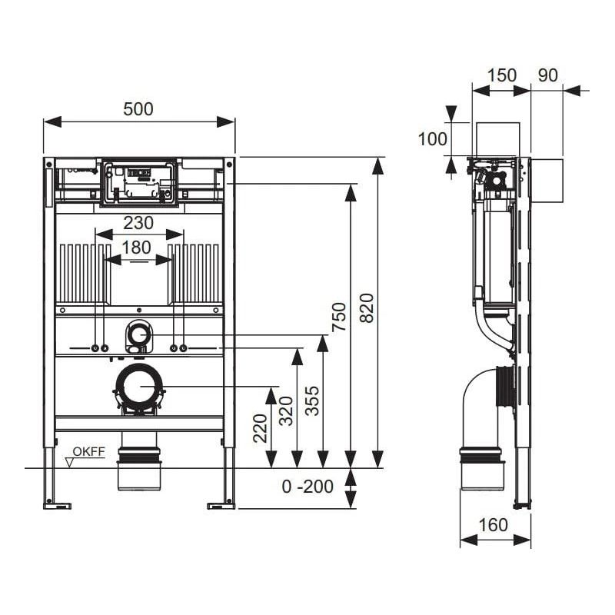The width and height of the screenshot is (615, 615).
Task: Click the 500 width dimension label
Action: point(138,109)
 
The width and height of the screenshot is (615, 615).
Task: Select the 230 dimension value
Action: point(138,223)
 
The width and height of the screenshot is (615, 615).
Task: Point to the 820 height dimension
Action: point(367,307)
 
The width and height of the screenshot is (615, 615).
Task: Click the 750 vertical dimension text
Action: point(339,317)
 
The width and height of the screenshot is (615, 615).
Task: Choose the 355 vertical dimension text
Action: point(312,400)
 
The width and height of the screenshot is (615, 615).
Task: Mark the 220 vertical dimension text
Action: point(260,429)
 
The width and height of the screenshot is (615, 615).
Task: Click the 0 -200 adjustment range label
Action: point(307,487)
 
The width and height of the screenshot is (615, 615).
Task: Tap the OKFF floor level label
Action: point(88,452)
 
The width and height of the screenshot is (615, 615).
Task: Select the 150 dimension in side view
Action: point(501,75)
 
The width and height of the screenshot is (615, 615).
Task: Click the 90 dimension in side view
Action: point(547,75)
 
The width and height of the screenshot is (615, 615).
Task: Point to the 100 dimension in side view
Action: point(432,139)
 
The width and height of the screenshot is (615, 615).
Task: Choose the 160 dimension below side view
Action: point(494,524)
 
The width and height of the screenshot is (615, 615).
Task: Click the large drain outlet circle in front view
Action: point(139,386)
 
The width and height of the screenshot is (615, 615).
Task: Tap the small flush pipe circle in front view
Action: point(138,334)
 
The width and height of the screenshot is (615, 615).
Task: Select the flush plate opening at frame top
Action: point(139,183)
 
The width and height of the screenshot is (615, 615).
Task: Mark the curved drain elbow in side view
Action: point(480,407)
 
